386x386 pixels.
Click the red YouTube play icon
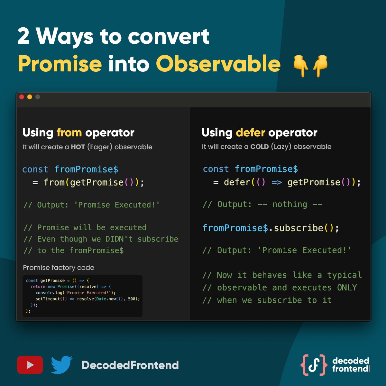point(30,365)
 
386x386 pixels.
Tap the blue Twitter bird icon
point(61,365)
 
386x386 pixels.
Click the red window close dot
point(22,97)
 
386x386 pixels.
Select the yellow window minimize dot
point(30,97)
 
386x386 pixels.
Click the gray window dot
point(38,97)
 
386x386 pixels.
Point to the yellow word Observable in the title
point(218,64)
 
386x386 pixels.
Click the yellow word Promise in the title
point(60,64)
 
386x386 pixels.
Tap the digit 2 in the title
point(23,36)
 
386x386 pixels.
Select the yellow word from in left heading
point(69,133)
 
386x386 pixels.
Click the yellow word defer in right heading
point(250,133)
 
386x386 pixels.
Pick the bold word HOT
point(78,147)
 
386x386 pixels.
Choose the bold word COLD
point(259,147)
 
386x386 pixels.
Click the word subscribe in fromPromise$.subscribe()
point(299,228)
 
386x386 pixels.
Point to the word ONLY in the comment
point(347,288)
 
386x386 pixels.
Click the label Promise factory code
point(59,268)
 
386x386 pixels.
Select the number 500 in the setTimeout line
point(132,299)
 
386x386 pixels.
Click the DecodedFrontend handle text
point(130,365)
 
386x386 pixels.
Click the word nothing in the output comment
point(289,204)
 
